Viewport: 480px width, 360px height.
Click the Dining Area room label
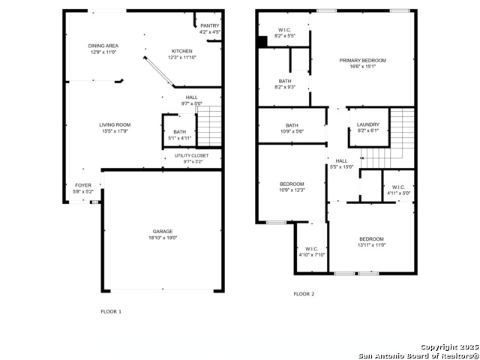coord(103,49)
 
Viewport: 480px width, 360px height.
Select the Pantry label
coord(210,28)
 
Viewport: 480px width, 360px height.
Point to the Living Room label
coord(115,128)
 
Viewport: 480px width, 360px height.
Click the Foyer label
coord(82,187)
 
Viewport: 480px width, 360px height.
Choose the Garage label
coord(163,235)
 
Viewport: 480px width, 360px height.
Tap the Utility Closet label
coord(192,158)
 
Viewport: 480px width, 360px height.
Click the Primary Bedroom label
coord(362,63)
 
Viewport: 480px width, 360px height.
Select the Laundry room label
coord(367,127)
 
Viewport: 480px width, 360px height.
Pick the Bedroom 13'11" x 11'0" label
coord(370,242)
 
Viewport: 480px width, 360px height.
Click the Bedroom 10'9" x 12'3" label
coord(292,187)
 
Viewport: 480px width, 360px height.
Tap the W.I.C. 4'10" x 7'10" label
coord(311,251)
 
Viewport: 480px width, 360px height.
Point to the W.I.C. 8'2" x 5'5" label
coord(285,33)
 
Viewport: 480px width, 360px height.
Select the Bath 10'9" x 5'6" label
coord(292,128)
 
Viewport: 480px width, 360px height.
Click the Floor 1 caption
coord(111,310)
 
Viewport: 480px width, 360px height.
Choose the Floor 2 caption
coord(304,294)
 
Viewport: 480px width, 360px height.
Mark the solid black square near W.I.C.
coord(262,42)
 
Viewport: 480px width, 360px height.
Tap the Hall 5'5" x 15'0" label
coord(341,163)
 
